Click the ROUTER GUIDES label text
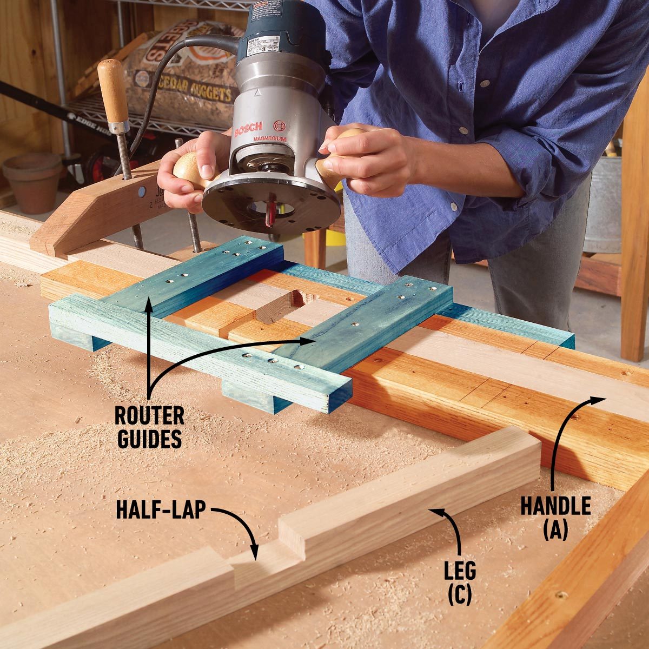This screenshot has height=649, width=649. click(149, 427)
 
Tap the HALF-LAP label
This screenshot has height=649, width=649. click(161, 510)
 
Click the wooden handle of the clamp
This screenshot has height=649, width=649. click(113, 92)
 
